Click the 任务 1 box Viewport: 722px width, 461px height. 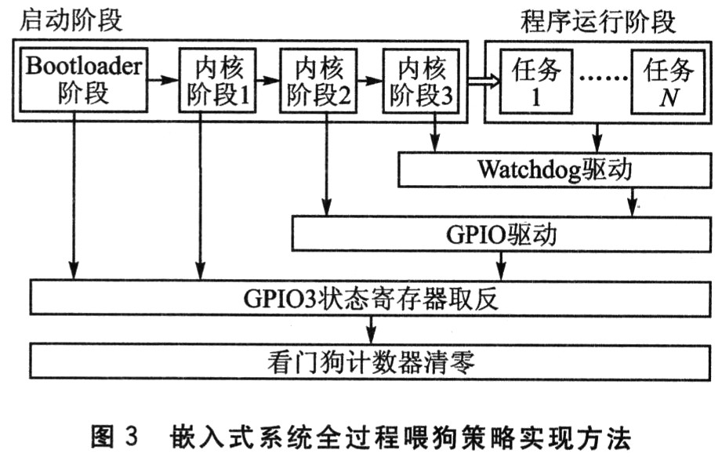[x=536, y=80]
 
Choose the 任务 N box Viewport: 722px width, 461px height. [x=668, y=80]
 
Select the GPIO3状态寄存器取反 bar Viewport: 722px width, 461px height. [x=368, y=298]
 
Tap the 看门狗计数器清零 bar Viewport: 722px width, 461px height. [x=368, y=362]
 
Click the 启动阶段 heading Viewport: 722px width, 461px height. [x=69, y=19]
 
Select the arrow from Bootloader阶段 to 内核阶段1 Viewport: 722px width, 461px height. [x=162, y=79]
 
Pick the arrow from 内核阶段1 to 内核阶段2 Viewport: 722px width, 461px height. [x=267, y=79]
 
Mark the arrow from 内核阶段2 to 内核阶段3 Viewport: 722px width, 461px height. [x=370, y=79]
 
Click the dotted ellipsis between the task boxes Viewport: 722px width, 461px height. [x=602, y=80]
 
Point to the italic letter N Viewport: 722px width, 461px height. [x=668, y=100]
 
